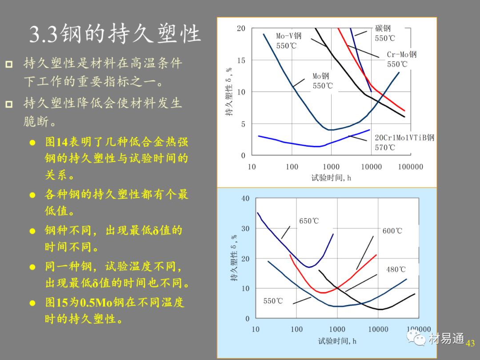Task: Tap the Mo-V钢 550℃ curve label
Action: (288, 40)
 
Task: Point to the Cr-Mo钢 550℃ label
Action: (401, 59)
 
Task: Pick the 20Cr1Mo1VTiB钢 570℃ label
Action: (404, 142)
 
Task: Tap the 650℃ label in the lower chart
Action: (309, 221)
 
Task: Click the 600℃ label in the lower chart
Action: (392, 231)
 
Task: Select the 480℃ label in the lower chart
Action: (396, 269)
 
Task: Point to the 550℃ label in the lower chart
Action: (273, 301)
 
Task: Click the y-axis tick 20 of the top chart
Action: (241, 28)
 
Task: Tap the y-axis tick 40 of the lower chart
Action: (245, 198)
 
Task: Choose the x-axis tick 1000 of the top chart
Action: (331, 167)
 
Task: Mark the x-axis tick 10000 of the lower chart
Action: (378, 329)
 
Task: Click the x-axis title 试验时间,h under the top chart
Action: (331, 178)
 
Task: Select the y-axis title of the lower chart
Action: (234, 259)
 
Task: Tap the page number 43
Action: (470, 343)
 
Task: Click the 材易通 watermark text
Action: (447, 340)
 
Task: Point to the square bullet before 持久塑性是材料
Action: (9, 64)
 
